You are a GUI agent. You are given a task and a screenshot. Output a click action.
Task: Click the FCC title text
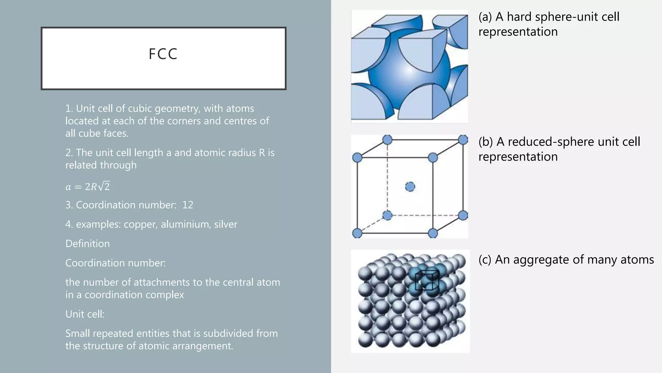(x=163, y=54)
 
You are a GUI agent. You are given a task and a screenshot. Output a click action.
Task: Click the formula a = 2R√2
(x=88, y=186)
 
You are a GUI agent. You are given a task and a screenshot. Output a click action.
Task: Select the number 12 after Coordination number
(x=187, y=205)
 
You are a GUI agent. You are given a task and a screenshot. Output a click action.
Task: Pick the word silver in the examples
(x=225, y=224)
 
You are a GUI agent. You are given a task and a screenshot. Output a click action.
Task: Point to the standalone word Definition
(x=88, y=243)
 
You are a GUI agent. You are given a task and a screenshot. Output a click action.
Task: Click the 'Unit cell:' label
(x=85, y=314)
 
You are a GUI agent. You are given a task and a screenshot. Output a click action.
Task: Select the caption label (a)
(x=485, y=17)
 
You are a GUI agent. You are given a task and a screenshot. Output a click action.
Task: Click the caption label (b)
(x=486, y=142)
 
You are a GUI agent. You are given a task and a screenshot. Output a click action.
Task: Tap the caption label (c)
(x=485, y=260)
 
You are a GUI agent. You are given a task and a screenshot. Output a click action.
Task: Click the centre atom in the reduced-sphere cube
(x=410, y=187)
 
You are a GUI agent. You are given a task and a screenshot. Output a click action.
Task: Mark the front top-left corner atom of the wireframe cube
(x=357, y=158)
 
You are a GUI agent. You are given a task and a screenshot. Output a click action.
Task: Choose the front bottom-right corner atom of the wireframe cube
(x=432, y=233)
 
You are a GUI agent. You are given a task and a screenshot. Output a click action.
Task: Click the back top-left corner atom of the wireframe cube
(x=387, y=140)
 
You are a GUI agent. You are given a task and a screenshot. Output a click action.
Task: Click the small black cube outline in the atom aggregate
(x=427, y=280)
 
